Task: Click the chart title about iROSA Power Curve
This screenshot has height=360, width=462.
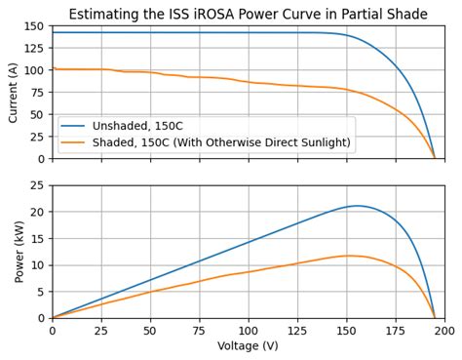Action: (x=248, y=14)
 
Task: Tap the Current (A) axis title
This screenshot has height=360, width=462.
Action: (x=13, y=92)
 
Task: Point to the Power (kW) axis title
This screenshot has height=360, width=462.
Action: (x=19, y=252)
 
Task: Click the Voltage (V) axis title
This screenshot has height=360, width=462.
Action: (x=248, y=345)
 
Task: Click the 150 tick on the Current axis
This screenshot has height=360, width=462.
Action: (x=35, y=26)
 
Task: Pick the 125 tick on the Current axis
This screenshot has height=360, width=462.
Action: (x=35, y=49)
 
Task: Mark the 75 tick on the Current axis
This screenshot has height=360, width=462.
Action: (x=38, y=93)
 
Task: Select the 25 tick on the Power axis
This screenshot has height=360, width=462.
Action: (x=38, y=185)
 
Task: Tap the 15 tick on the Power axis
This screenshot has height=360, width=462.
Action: (x=38, y=239)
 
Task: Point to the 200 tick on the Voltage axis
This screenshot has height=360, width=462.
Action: (x=444, y=330)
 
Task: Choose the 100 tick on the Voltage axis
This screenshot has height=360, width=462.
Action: (x=249, y=330)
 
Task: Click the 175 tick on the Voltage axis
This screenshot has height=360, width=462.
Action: (x=396, y=330)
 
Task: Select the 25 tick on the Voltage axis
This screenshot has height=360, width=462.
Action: (x=101, y=330)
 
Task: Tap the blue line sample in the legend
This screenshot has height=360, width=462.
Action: (x=74, y=126)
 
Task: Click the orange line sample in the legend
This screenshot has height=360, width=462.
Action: (x=74, y=142)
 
